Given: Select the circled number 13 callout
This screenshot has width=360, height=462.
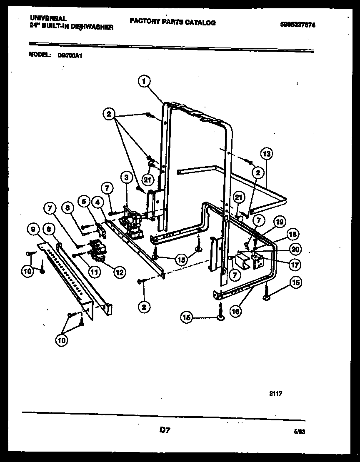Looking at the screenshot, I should click(267, 154).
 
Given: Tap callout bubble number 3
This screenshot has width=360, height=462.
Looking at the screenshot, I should click(125, 178).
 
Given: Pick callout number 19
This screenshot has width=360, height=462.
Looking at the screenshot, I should click(280, 222).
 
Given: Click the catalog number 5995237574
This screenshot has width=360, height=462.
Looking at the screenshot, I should click(297, 25).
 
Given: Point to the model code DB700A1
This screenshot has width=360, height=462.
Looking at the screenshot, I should click(69, 55).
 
